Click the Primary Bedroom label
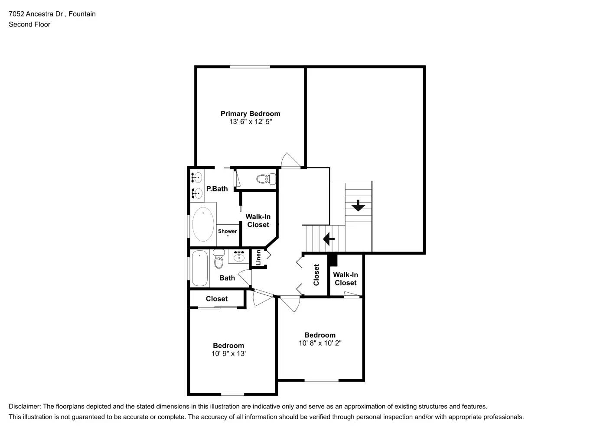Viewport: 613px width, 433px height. coord(250,113)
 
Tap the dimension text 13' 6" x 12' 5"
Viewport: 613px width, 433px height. coord(250,122)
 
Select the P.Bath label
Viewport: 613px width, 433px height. coord(217,189)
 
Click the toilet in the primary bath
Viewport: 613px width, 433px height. coord(266,178)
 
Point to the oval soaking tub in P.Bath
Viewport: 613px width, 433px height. coord(203,224)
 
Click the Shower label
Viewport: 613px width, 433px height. coord(227,231)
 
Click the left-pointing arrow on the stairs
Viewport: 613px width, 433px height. coord(329,238)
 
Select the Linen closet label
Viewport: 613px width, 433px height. coord(258,258)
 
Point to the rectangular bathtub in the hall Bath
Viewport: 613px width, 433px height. coord(199,268)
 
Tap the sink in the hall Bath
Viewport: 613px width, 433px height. coord(239,256)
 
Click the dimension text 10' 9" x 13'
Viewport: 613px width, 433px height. coord(228,354)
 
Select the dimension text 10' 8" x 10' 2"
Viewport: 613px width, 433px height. coord(320,343)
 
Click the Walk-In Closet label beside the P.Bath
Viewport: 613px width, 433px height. coord(258,220)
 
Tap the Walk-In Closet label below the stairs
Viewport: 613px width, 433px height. coord(346,278)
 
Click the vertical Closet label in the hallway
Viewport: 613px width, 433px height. coord(316,275)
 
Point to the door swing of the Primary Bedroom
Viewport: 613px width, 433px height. coord(290,160)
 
